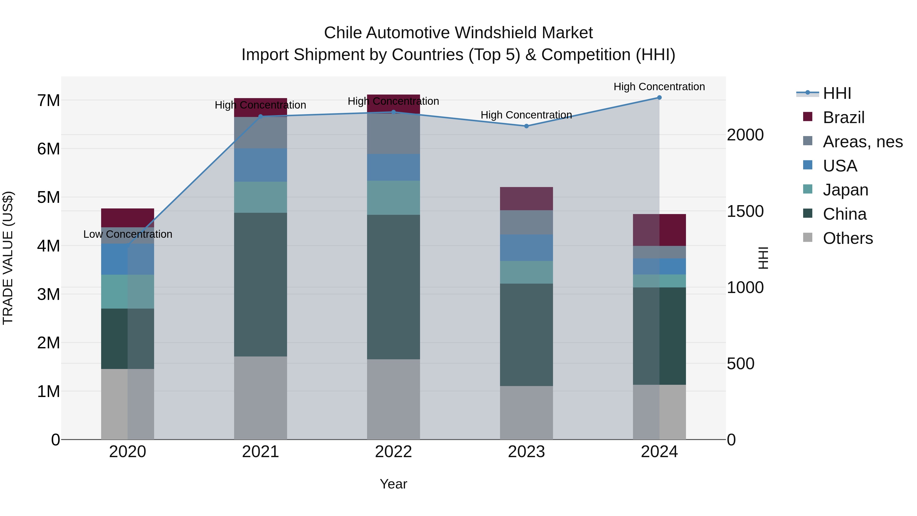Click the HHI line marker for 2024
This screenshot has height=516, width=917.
659,98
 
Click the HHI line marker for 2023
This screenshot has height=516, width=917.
527,126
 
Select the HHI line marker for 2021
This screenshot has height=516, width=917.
261,116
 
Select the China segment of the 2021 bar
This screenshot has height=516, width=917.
261,285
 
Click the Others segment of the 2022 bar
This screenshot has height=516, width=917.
393,399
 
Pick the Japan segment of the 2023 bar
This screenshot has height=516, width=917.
527,272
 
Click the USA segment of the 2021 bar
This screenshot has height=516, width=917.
261,165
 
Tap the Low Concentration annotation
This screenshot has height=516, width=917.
128,234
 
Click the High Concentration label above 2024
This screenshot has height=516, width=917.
659,87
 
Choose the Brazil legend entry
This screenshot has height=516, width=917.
843,117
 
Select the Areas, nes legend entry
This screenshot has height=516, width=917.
862,142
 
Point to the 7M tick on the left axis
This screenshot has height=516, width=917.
48,101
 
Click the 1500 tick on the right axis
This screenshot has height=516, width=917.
745,211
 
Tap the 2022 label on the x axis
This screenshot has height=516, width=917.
393,452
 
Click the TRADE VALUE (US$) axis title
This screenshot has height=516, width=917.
8,258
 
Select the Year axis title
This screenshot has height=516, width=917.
393,484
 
